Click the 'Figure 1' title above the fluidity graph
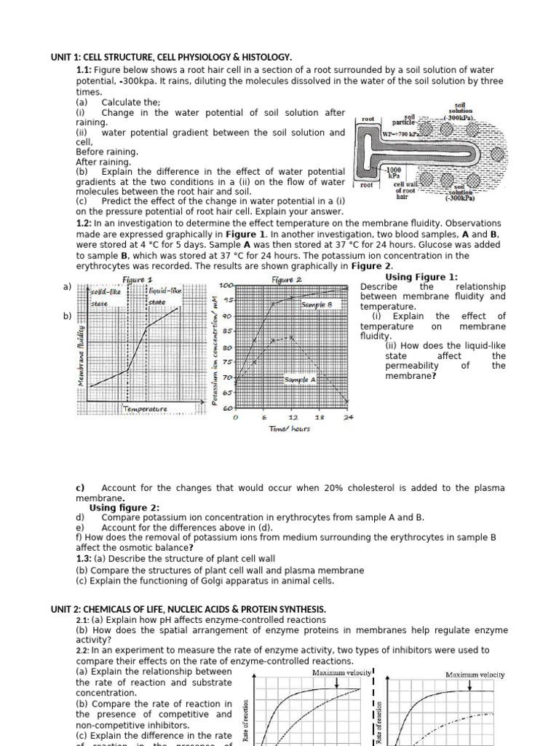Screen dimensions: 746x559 tap(138, 280)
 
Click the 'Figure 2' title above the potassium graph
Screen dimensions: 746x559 tap(287, 280)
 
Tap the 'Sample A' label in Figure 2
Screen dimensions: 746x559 tap(300, 380)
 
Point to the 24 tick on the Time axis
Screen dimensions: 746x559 tap(348, 417)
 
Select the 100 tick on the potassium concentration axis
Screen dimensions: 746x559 tap(226, 285)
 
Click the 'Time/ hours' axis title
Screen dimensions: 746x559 tap(290, 429)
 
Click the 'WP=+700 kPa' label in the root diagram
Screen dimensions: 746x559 tap(400, 135)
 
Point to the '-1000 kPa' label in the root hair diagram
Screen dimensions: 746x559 tap(394, 173)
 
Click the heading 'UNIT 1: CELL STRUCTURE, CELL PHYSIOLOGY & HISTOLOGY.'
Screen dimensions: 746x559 tap(170, 57)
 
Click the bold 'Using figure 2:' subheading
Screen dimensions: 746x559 tap(124, 507)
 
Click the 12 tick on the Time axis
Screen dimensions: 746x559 tap(293, 417)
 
